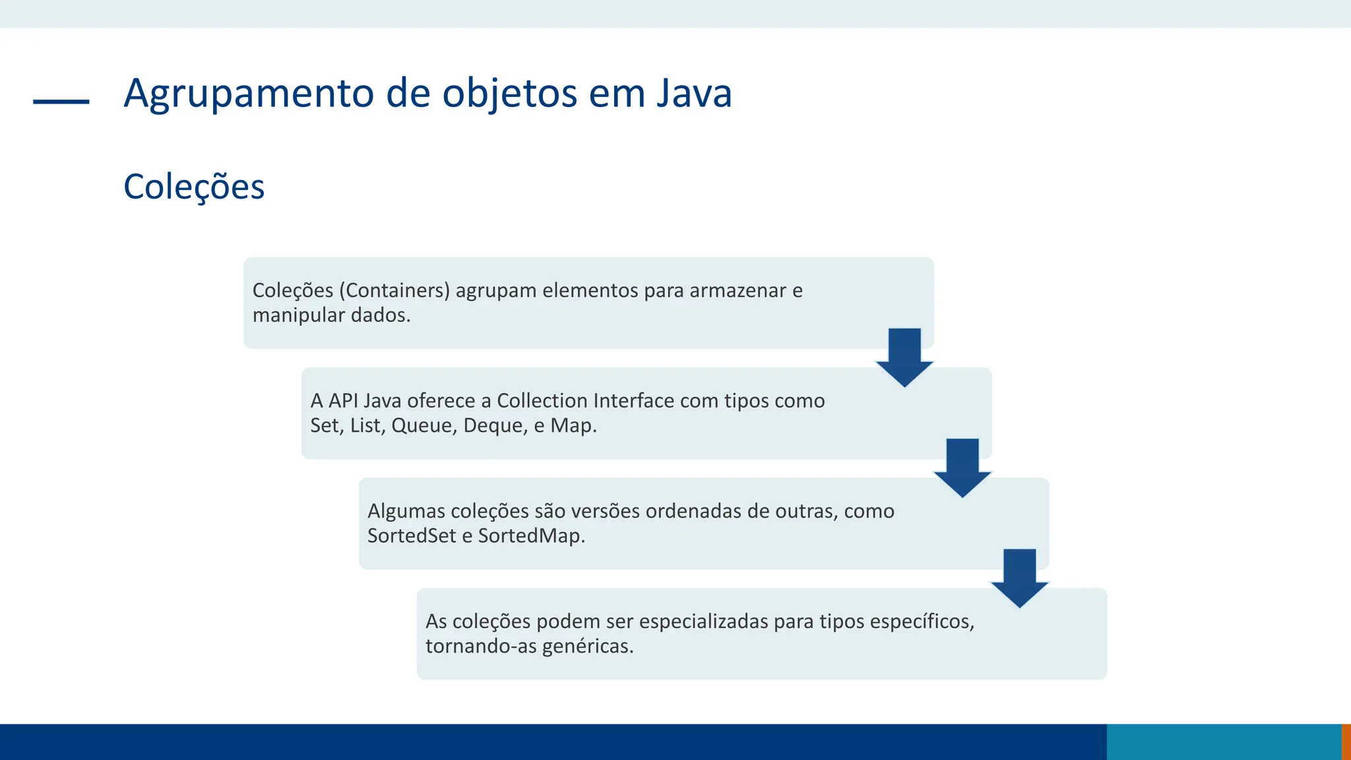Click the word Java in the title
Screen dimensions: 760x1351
click(x=694, y=93)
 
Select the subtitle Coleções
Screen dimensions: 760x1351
click(x=194, y=187)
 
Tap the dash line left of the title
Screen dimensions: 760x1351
click(x=61, y=102)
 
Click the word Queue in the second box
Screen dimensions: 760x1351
click(x=423, y=426)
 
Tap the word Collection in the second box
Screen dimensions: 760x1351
click(x=542, y=400)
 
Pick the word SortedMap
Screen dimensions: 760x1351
click(x=530, y=536)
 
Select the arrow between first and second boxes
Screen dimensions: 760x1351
click(x=904, y=357)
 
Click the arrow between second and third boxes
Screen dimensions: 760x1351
click(x=962, y=467)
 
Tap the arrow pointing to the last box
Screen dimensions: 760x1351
click(x=1020, y=577)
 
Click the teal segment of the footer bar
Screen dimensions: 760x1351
click(x=1224, y=742)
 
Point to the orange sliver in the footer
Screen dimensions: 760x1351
click(x=1346, y=742)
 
